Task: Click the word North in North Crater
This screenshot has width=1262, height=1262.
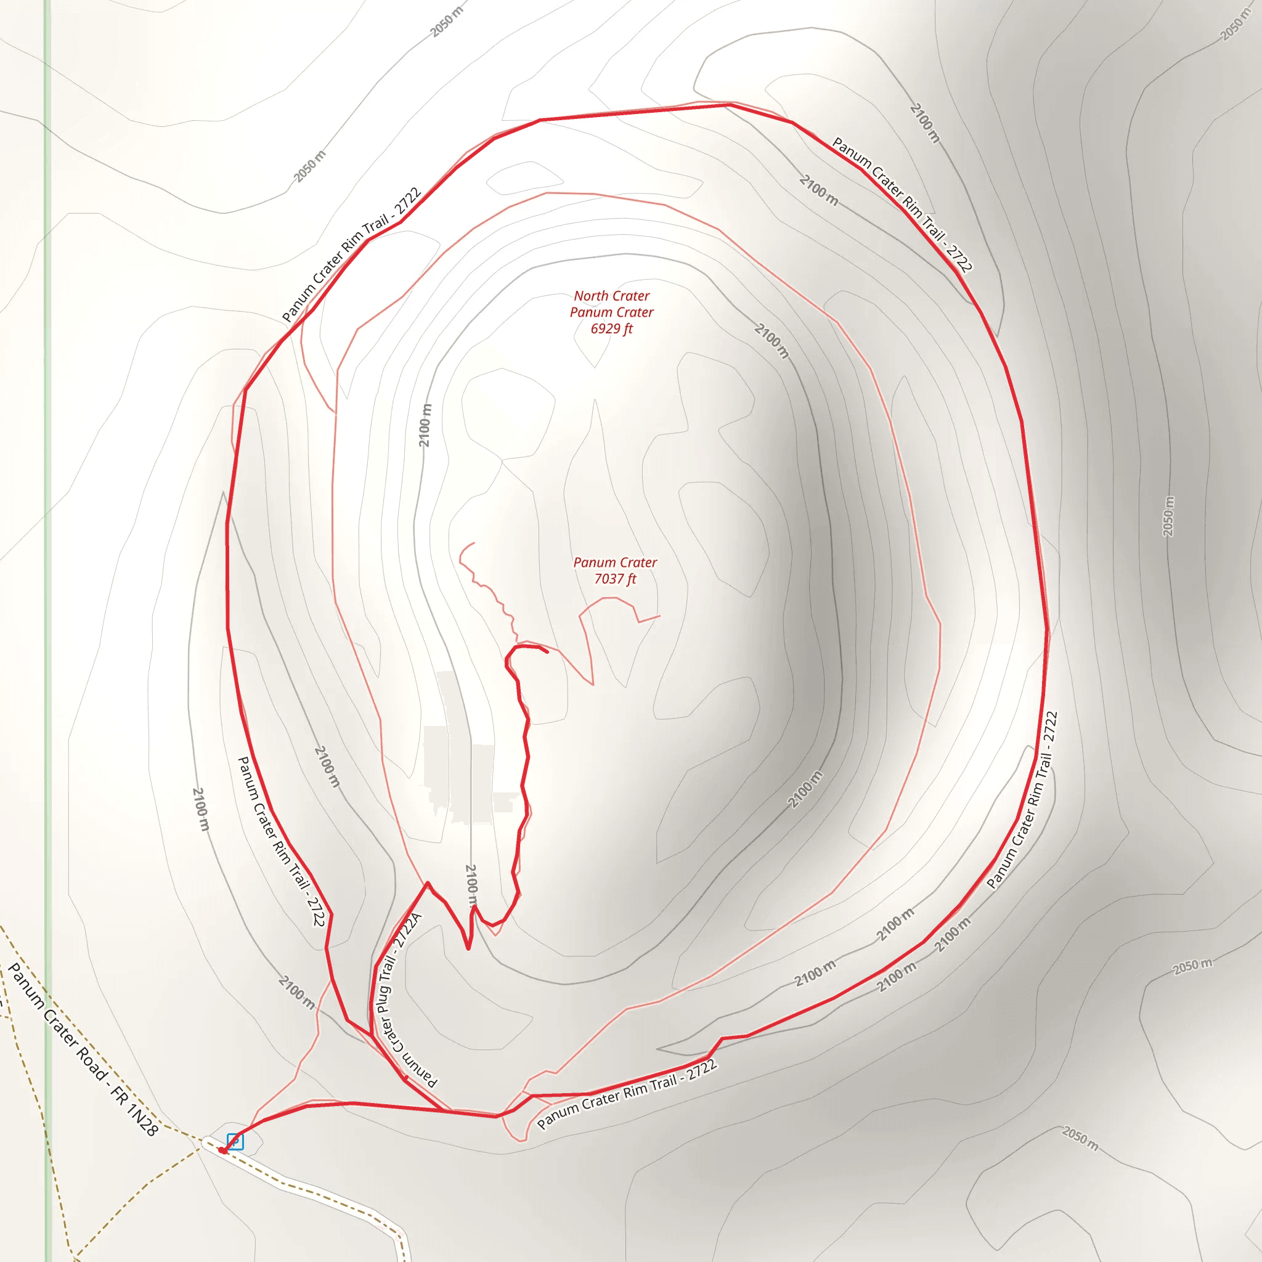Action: pyautogui.click(x=590, y=296)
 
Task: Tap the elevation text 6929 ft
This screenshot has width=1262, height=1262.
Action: pyautogui.click(x=611, y=328)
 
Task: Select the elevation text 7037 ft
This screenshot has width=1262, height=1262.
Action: pyautogui.click(x=614, y=579)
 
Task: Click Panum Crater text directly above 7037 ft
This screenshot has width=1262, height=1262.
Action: pyautogui.click(x=614, y=563)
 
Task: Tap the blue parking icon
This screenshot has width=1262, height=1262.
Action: pyautogui.click(x=235, y=1141)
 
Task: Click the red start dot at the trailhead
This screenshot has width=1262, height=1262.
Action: pyautogui.click(x=222, y=1150)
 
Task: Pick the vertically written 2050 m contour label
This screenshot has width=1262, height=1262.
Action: pyautogui.click(x=1168, y=516)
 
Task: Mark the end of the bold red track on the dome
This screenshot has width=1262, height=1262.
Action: pyautogui.click(x=547, y=651)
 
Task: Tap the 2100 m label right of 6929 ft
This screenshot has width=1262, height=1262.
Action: pyautogui.click(x=771, y=340)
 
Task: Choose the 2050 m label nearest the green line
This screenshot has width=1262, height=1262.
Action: pyautogui.click(x=309, y=166)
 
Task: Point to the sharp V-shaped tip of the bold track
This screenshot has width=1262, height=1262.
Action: pyautogui.click(x=468, y=948)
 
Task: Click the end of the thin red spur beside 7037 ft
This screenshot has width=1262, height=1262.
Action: pyautogui.click(x=660, y=616)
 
